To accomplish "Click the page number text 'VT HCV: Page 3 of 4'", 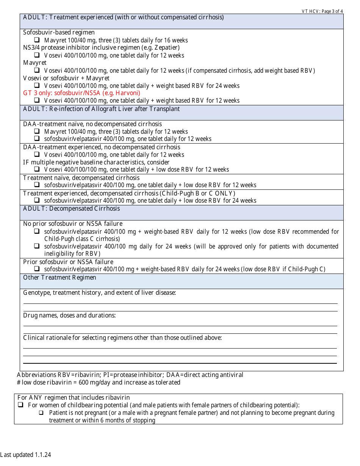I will click(322, 11).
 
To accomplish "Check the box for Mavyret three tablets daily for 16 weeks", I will click(37, 40).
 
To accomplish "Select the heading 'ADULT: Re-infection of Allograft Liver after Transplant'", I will click(102, 109).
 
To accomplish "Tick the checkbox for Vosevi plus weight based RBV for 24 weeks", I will click(37, 85).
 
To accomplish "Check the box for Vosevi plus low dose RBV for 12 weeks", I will click(37, 169).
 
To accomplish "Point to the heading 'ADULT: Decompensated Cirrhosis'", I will click(71, 209).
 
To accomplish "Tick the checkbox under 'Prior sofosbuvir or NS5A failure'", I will click(37, 269).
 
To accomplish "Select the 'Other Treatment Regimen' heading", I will click(59, 278).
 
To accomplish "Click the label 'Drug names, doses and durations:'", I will click(69, 316).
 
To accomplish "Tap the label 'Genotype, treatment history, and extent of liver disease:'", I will click(99, 293).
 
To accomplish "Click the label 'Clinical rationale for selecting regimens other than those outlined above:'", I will click(122, 338).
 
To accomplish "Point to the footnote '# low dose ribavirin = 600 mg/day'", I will click(99, 383).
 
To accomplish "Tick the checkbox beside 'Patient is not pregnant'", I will click(41, 413).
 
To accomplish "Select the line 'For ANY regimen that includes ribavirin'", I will click(74, 398).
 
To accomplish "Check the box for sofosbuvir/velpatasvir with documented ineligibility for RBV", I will click(37, 246).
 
